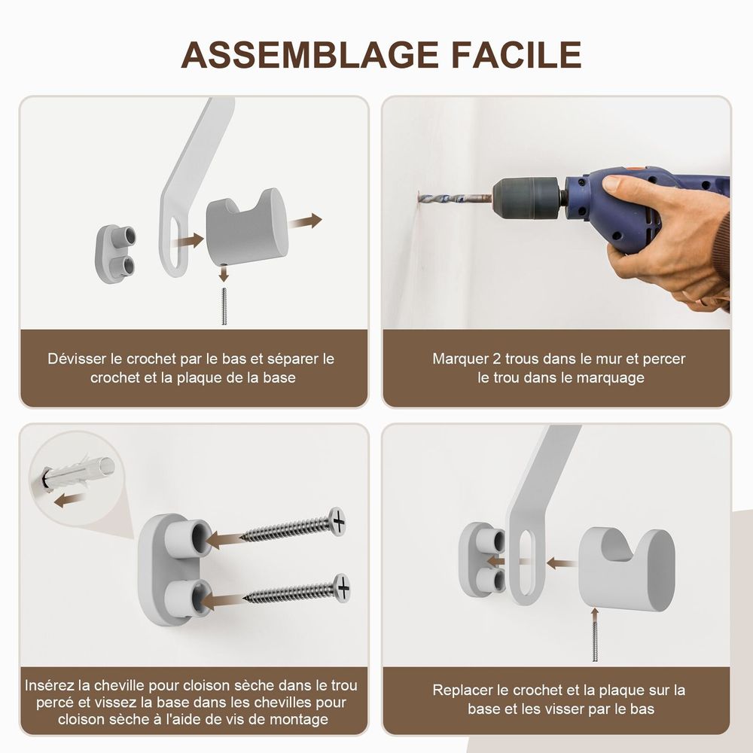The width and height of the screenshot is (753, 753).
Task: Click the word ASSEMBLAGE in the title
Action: pyautogui.click(x=309, y=54)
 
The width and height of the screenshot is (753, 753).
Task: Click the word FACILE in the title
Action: pyautogui.click(x=517, y=54)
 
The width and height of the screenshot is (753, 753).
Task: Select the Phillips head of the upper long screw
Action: pyautogui.click(x=338, y=520)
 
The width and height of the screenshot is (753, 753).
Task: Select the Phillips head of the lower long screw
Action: pyautogui.click(x=343, y=587)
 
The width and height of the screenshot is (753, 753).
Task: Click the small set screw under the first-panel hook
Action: pyautogui.click(x=224, y=306)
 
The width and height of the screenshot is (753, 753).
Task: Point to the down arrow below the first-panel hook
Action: pyautogui.click(x=224, y=273)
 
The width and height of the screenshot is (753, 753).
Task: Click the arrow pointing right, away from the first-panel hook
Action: pyautogui.click(x=306, y=221)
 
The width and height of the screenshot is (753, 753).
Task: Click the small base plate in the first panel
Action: pyautogui.click(x=115, y=254)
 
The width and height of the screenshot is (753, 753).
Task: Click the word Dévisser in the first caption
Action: pyautogui.click(x=77, y=358)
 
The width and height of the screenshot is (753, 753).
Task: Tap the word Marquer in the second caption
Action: pyautogui.click(x=460, y=358)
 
